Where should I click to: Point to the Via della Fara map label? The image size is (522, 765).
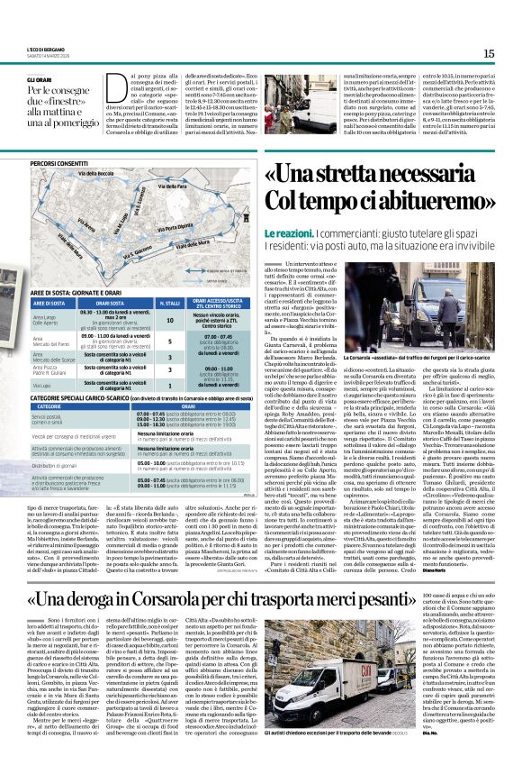174,187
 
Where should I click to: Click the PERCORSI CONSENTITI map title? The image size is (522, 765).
58,164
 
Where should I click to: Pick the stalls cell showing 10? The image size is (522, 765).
170,320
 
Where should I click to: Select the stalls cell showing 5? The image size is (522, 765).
170,342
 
